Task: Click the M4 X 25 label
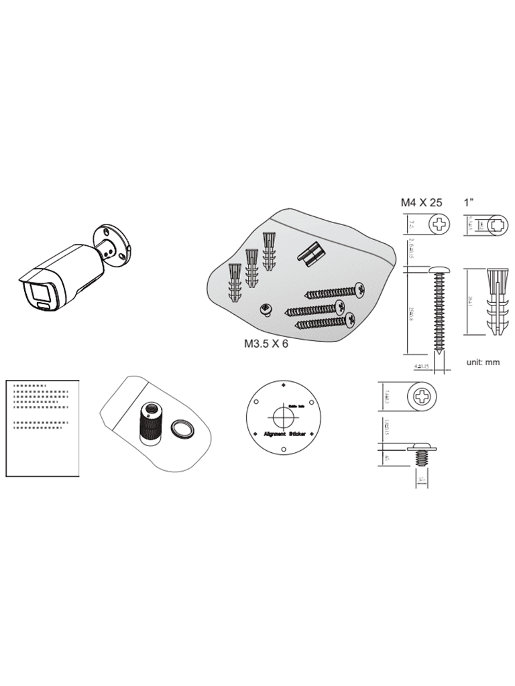(x=421, y=202)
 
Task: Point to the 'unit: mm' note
(x=483, y=362)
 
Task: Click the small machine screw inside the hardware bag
(x=266, y=309)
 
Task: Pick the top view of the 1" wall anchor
(x=499, y=225)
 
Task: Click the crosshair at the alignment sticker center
(x=284, y=417)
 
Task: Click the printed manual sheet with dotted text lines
(x=43, y=429)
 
